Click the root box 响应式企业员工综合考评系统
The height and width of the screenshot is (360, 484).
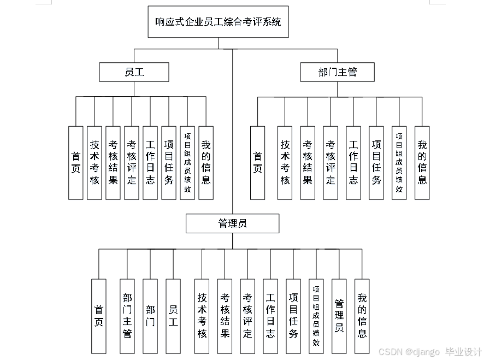218,22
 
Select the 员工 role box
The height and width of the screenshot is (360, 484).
134,72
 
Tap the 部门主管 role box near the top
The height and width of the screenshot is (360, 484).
337,72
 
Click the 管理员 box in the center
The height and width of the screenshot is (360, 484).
232,223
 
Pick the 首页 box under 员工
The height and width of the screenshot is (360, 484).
75,163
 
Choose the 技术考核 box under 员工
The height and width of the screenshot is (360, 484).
95,163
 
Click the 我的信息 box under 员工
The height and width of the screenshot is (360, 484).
206,163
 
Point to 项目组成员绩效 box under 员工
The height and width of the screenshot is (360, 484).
187,163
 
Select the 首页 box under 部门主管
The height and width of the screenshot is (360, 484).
257,163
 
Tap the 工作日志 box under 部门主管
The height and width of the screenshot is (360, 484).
353,163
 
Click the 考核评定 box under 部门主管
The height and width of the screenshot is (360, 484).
330,163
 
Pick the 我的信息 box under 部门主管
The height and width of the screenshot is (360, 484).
422,163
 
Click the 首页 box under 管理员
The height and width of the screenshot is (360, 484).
98,316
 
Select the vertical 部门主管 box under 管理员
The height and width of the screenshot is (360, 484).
127,316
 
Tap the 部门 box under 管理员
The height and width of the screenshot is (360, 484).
150,316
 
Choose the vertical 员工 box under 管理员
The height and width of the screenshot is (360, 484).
173,316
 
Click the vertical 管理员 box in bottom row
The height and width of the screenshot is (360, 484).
339,316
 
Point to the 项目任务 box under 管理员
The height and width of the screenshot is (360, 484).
293,316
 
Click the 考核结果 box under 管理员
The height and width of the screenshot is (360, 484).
225,316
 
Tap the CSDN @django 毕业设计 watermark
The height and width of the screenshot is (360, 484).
430,352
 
